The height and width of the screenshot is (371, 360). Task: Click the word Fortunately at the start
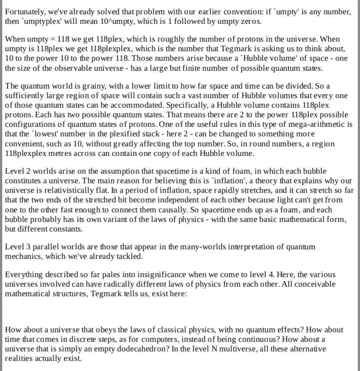[x=23, y=12]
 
